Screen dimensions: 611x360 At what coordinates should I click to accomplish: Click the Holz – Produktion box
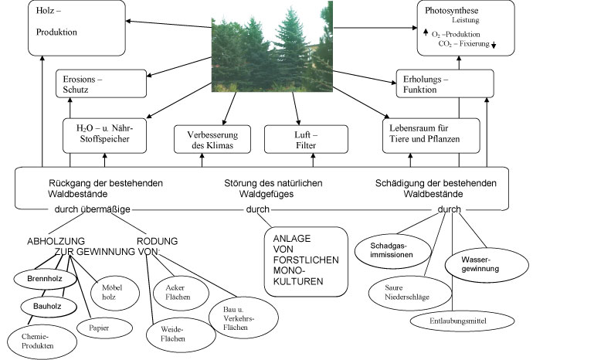tap(76, 28)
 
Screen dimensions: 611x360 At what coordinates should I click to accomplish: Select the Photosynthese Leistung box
tap(466, 28)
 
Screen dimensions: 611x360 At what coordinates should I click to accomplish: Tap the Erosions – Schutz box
tap(101, 83)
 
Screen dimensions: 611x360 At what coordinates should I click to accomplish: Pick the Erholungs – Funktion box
tap(445, 83)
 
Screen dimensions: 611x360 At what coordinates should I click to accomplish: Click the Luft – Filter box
tap(306, 139)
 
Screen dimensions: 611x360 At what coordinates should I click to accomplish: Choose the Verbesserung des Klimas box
tap(212, 139)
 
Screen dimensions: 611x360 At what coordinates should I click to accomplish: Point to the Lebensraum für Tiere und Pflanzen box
tap(431, 136)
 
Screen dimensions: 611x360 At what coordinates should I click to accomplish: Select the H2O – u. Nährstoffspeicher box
tap(104, 136)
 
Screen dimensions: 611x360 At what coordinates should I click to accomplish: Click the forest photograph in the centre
tap(272, 46)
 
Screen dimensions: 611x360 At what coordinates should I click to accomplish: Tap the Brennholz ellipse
tap(46, 279)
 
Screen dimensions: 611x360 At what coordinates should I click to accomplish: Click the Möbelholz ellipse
tap(115, 293)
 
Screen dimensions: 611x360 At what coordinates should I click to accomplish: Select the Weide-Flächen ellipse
tap(181, 335)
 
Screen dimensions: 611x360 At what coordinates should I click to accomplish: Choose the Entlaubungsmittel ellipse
tap(462, 321)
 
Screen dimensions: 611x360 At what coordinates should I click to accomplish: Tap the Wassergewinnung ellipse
tap(487, 265)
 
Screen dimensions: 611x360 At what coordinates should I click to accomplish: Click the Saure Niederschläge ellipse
tap(410, 293)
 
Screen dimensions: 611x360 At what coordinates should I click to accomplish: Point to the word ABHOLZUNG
tap(56, 241)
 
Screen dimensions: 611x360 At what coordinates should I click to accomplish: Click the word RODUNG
tap(157, 241)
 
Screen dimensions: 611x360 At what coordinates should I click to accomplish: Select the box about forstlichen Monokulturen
tap(306, 262)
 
